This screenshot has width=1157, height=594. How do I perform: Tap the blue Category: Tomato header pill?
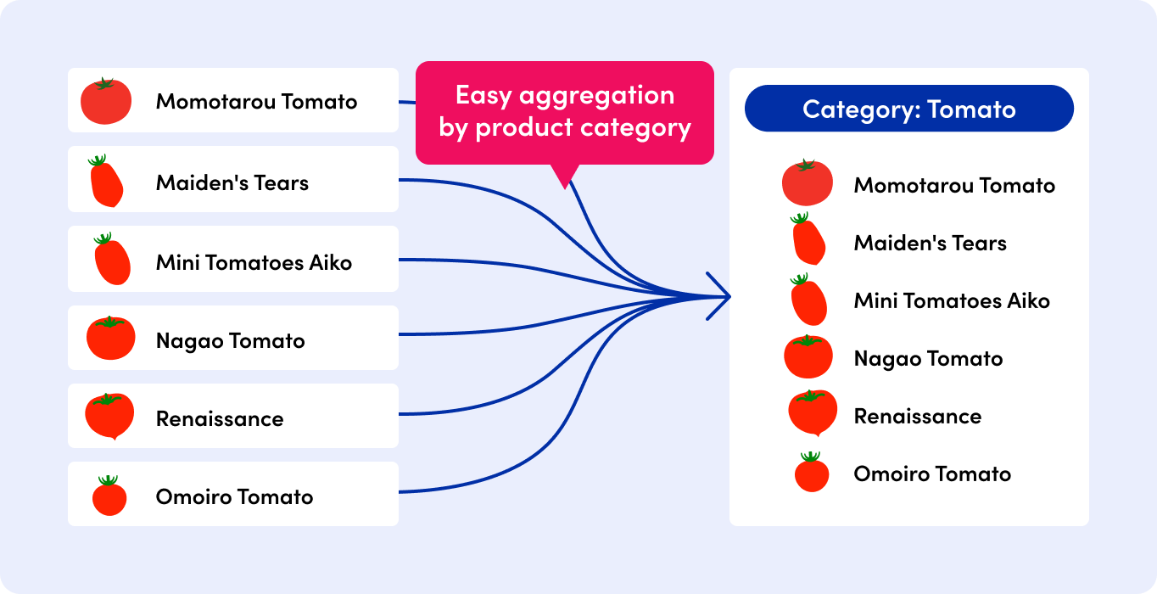[x=908, y=109]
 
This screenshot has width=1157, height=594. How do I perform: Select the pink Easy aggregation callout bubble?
[x=564, y=112]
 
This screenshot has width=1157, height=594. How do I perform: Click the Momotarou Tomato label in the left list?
[x=256, y=102]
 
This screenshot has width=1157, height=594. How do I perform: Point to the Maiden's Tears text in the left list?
[x=232, y=182]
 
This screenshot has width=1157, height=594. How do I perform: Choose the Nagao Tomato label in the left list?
[x=230, y=341]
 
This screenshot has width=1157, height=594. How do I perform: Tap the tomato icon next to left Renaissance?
[x=109, y=415]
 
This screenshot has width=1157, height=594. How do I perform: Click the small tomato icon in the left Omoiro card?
[x=109, y=496]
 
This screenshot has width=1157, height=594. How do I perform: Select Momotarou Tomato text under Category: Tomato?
[x=954, y=186]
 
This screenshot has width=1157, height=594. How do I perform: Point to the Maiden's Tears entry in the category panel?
[x=930, y=244]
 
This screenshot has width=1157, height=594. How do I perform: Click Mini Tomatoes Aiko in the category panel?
[x=952, y=301]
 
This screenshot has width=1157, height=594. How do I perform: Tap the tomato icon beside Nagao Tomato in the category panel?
[x=808, y=356]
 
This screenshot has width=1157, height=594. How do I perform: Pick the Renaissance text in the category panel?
[x=917, y=417]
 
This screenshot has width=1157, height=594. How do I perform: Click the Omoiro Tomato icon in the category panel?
[x=812, y=473]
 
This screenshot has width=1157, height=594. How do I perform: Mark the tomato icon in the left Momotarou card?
[x=106, y=101]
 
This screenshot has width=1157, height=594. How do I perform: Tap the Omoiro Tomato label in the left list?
[x=234, y=497]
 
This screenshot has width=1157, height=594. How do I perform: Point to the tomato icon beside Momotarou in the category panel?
[x=807, y=182]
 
